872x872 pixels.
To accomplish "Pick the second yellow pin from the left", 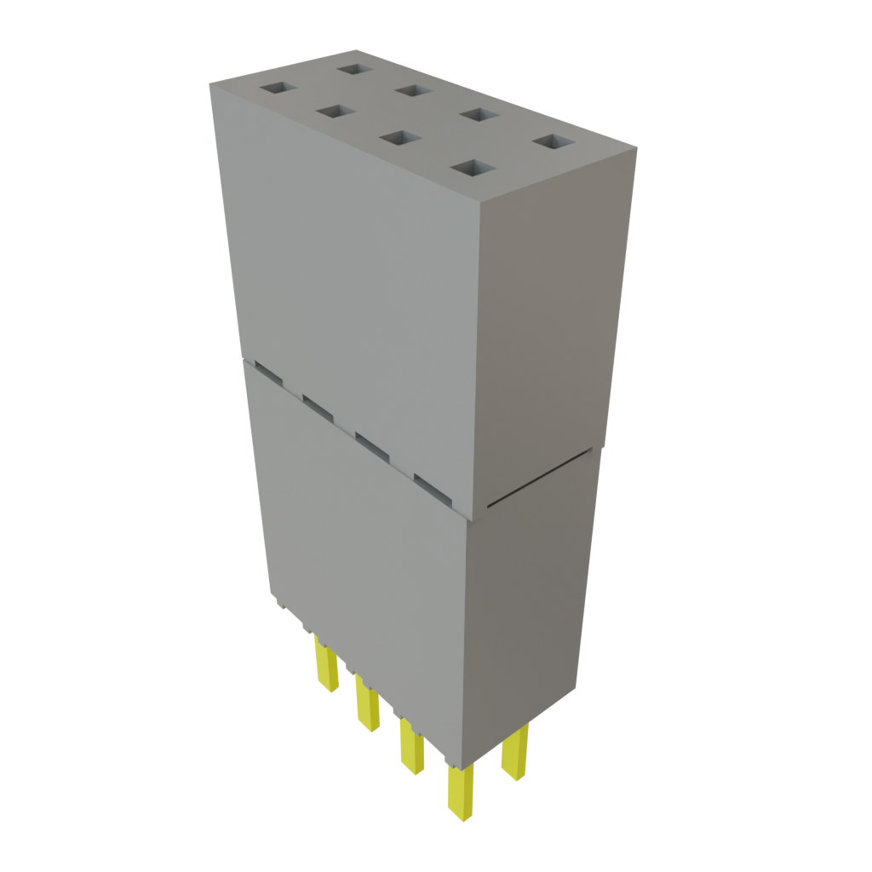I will coord(368,706).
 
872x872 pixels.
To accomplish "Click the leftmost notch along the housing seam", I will coord(267,372).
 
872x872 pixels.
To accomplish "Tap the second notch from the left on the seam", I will coord(318,405).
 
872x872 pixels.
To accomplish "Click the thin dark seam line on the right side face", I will coord(536,481).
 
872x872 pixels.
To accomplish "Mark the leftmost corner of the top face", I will coord(209,83).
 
